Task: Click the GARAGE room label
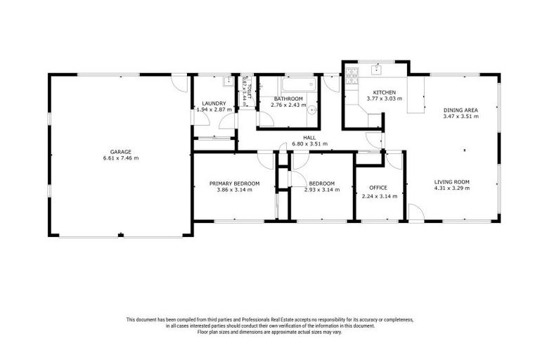pos(120,151)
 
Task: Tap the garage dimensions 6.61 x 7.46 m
pos(120,158)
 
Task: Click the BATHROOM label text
pos(288,98)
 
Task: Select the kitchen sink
pos(378,69)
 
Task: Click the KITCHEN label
pos(385,92)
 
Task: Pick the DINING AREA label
pos(461,110)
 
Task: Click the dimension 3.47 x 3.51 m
pos(461,117)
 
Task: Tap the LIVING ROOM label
pos(451,181)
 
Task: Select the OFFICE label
pos(379,189)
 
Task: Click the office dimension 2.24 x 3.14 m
pos(379,196)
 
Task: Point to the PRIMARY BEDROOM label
pos(234,184)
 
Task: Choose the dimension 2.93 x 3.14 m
pos(319,190)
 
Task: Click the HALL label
pos(309,137)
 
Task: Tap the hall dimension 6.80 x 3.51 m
pos(309,144)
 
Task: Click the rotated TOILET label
pos(247,85)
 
